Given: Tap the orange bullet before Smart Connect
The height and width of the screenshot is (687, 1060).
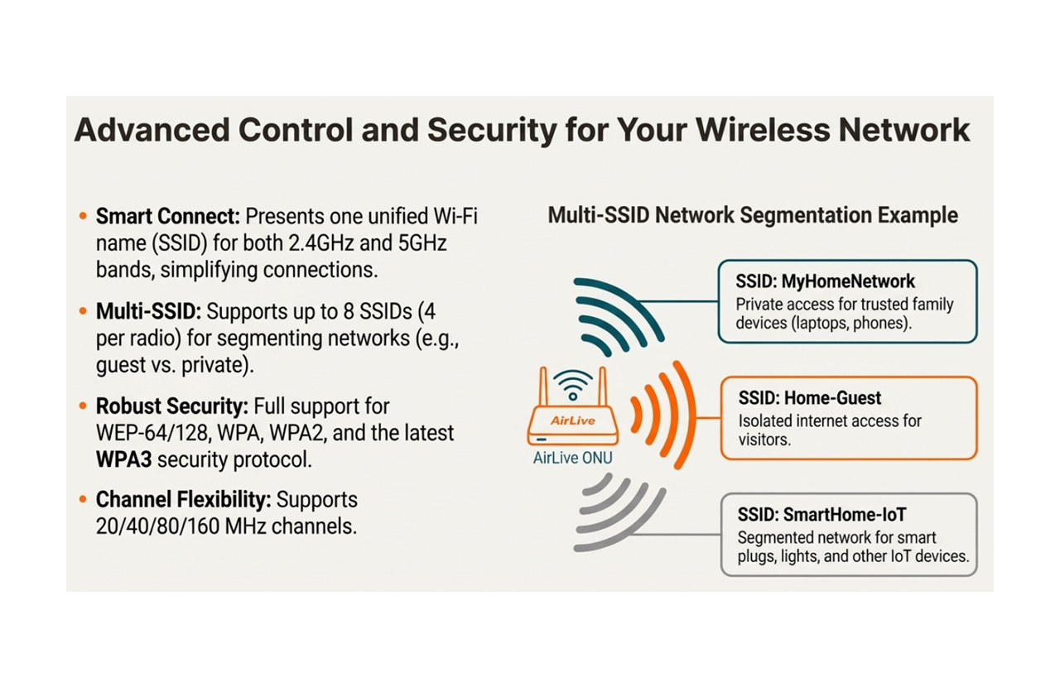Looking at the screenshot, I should (83, 217).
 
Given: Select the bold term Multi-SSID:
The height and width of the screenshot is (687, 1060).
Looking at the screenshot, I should (148, 311).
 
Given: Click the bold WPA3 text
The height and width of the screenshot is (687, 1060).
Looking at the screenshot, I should (123, 459).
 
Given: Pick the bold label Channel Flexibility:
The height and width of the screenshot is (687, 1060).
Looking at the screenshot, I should (182, 500).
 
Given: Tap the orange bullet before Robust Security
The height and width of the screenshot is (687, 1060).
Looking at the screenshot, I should (83, 406).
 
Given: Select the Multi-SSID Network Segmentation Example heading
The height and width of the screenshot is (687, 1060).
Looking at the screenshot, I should (752, 215).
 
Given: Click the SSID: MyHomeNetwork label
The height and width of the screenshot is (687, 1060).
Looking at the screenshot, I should (825, 281).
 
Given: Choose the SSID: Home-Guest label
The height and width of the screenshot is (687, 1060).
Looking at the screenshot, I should (809, 398).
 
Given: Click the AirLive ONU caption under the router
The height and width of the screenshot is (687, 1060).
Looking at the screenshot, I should (573, 458).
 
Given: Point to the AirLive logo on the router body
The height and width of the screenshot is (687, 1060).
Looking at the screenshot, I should (572, 420).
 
